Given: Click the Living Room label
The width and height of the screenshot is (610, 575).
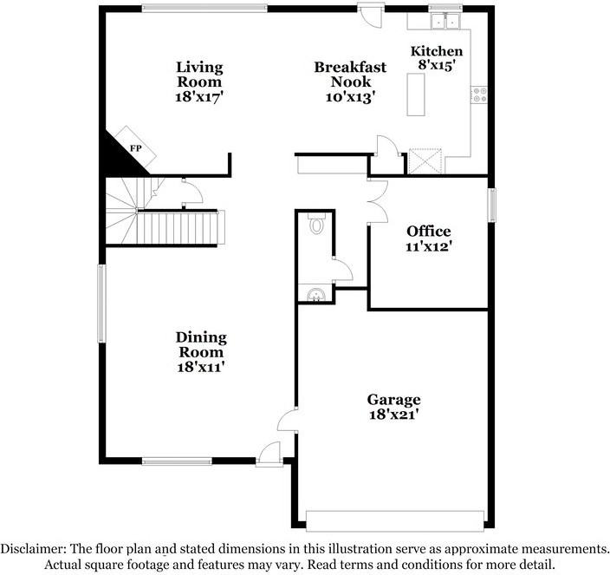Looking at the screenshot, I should pos(199,82).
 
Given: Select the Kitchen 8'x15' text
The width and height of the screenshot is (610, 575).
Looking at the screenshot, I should pos(436,57).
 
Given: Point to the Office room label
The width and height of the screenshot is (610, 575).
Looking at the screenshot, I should pos(429,238).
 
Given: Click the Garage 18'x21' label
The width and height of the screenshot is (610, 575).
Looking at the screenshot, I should pos(393,407).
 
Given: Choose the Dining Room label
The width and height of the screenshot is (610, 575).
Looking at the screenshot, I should pos(201,351).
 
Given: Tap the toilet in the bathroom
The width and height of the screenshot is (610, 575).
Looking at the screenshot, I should pos(316,226).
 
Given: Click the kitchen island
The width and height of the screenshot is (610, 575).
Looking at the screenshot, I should pos(416,94).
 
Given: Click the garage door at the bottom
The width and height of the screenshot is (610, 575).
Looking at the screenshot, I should pos(394,520).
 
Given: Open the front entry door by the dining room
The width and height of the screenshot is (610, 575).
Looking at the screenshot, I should pos(271,454).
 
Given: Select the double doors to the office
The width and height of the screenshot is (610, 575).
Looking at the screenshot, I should pos(376,202).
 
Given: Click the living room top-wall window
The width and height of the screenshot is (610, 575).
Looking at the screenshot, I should pos(204,9).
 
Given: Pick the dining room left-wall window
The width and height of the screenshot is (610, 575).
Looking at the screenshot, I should pos(101,303).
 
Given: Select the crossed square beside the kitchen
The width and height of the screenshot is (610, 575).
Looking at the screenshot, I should pos(425,161).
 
